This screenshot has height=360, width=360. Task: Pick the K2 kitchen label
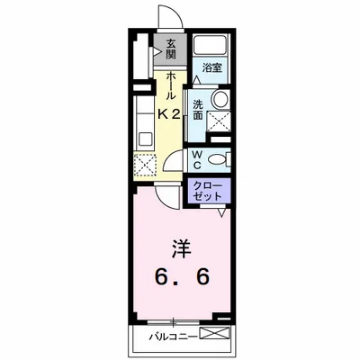(170, 113)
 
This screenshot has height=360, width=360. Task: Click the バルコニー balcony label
(172, 338)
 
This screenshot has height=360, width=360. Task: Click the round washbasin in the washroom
(220, 100)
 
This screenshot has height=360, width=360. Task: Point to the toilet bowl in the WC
(217, 160)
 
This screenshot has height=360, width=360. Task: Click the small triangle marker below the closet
(221, 215)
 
